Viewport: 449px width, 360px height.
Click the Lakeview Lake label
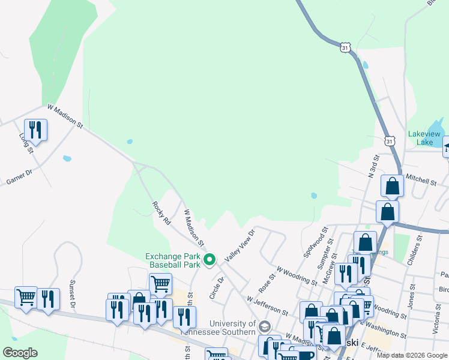(x=424, y=138)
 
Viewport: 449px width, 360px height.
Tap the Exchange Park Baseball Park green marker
(x=209, y=260)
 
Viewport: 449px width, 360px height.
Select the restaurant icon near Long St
(x=35, y=130)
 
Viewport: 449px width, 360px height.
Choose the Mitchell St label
(x=420, y=179)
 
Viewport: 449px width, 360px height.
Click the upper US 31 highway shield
(x=345, y=47)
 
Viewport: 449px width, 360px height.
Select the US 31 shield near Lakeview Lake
(x=390, y=141)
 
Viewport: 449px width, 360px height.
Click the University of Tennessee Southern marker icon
(x=265, y=326)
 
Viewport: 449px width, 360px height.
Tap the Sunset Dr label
(x=72, y=294)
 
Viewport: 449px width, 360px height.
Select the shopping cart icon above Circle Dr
(x=160, y=283)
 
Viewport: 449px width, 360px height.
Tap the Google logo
(x=20, y=353)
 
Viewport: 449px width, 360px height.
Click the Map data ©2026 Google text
(x=411, y=355)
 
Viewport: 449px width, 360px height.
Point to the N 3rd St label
(x=373, y=164)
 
